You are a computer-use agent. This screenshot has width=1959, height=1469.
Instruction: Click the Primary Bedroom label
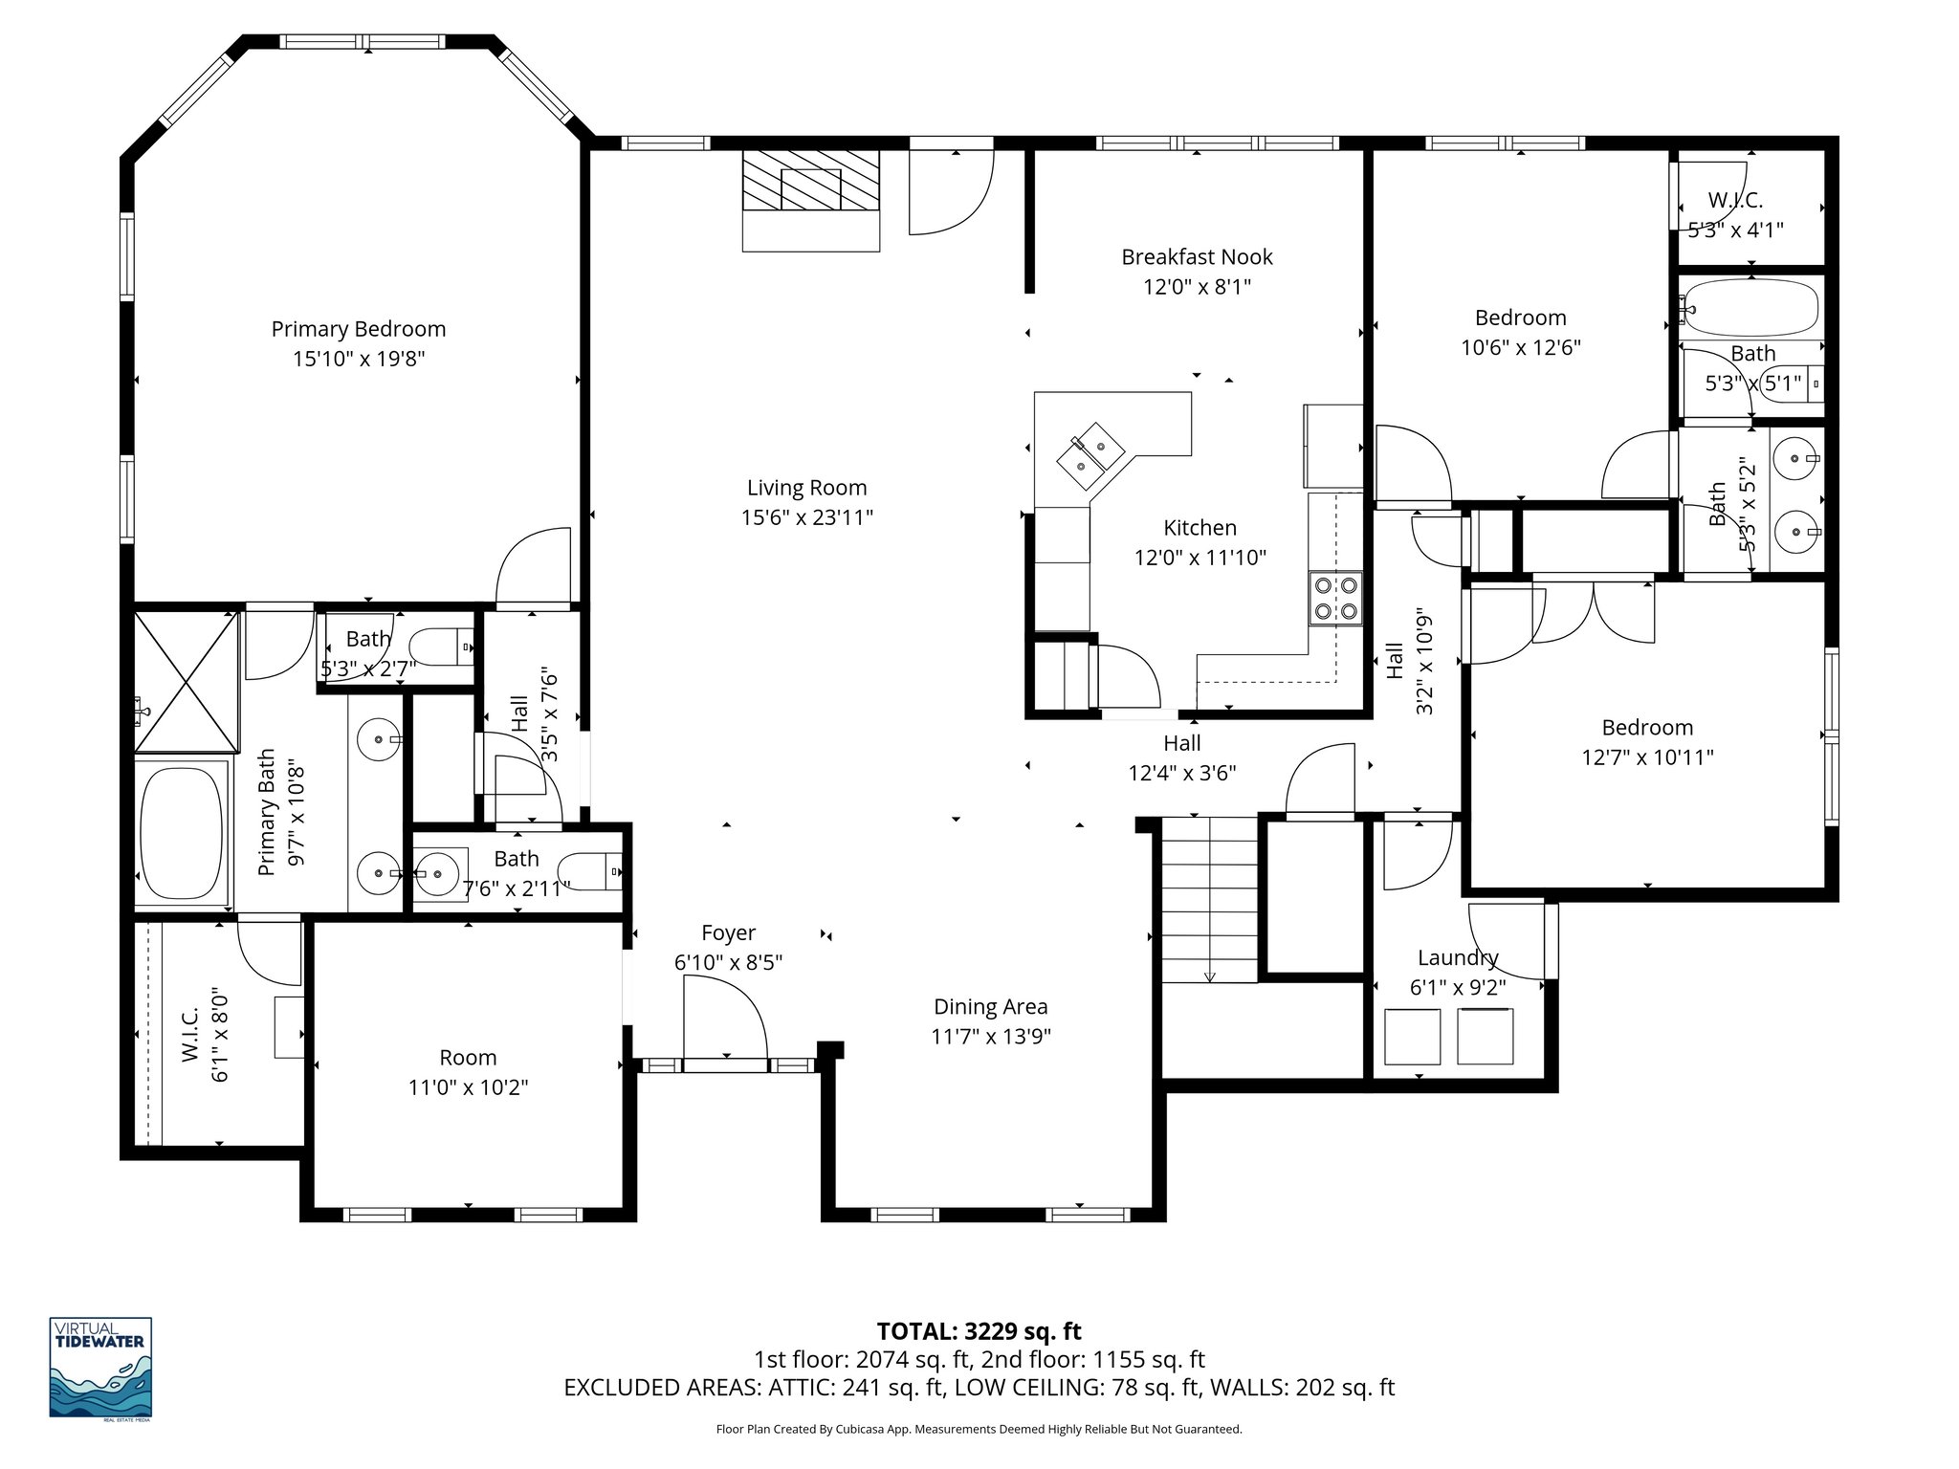pyautogui.click(x=359, y=329)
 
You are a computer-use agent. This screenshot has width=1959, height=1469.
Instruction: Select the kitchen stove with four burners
pyautogui.click(x=1335, y=598)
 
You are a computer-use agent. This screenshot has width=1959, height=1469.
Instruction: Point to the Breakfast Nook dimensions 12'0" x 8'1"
pyautogui.click(x=1197, y=287)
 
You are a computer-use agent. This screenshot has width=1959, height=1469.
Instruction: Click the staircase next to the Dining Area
pyautogui.click(x=1209, y=899)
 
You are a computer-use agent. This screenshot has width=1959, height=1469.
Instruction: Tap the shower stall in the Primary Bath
pyautogui.click(x=186, y=682)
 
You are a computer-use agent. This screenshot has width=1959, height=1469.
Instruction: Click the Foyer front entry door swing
pyautogui.click(x=725, y=1021)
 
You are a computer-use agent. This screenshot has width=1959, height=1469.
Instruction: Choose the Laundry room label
pyautogui.click(x=1457, y=957)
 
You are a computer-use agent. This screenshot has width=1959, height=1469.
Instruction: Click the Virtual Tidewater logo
pyautogui.click(x=100, y=1367)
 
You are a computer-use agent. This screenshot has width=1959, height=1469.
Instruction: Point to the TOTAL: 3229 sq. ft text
pyautogui.click(x=979, y=1331)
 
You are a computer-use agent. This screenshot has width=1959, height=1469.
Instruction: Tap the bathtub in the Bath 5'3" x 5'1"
pyautogui.click(x=1750, y=308)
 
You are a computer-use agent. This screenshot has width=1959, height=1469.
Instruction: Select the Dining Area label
pyautogui.click(x=990, y=1006)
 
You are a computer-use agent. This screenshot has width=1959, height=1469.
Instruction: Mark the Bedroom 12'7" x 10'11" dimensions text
pyautogui.click(x=1647, y=757)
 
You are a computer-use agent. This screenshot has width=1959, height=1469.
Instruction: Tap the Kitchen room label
pyautogui.click(x=1200, y=528)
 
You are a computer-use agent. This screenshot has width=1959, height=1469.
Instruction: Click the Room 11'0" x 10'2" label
pyautogui.click(x=468, y=1057)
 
